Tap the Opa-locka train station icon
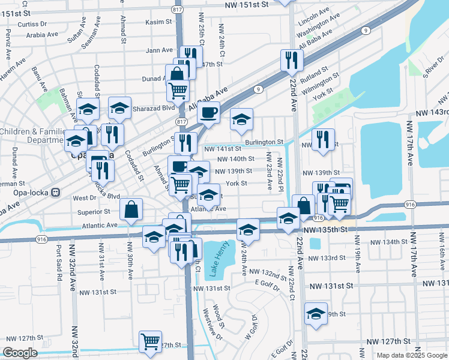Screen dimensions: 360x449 pyautogui.click(x=55, y=193)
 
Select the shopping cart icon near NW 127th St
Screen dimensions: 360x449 pyautogui.click(x=150, y=341)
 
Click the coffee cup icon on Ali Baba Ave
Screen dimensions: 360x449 pyautogui.click(x=208, y=112)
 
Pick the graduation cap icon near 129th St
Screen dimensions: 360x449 pyautogui.click(x=315, y=314)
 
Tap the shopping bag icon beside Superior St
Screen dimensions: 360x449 pyautogui.click(x=131, y=209)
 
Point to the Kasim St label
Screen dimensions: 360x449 pyautogui.click(x=158, y=22)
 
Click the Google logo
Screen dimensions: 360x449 pyautogui.click(x=20, y=353)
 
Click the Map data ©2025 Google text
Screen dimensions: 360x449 pyautogui.click(x=411, y=355)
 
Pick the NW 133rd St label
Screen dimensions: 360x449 pyautogui.click(x=327, y=258)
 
